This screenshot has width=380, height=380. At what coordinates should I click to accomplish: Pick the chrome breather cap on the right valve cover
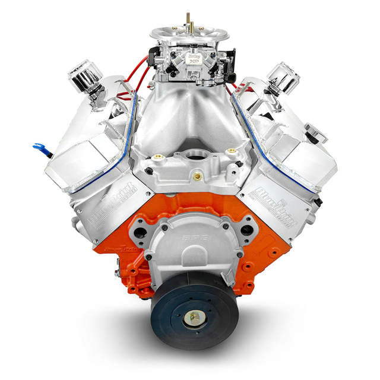[283, 78]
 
